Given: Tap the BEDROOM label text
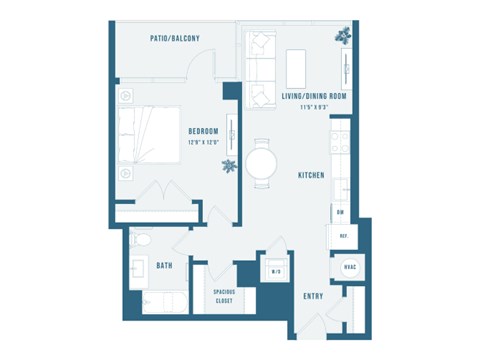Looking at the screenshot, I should tap(204, 131).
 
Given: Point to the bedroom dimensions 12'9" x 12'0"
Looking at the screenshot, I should tap(204, 142).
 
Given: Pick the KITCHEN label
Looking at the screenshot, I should tap(311, 175).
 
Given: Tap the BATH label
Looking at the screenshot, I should tap(165, 265).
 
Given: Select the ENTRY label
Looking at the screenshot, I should tap(313, 297).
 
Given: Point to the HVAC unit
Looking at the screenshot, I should tap(350, 267).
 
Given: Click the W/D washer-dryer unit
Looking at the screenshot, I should tap(276, 271).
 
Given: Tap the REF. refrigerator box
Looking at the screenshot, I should tap(342, 236).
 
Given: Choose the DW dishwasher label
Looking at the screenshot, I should tap(340, 212).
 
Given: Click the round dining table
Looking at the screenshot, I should tap(262, 160).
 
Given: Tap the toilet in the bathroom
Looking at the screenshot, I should tap(142, 241).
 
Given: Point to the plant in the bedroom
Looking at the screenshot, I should tap(229, 165).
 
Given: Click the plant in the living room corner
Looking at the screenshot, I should tap(345, 34).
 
